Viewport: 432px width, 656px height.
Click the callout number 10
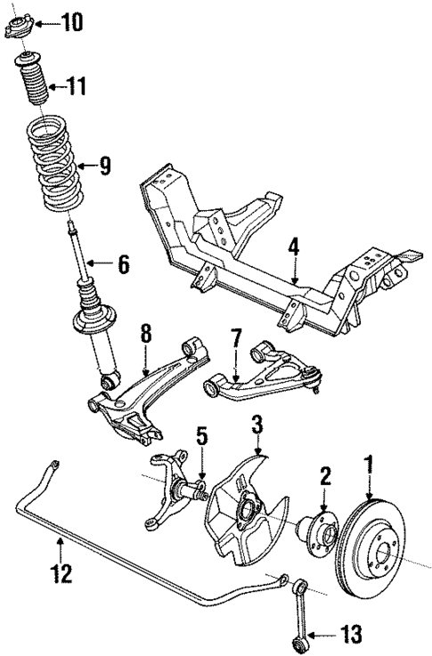(71, 20)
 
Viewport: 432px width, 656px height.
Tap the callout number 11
(77, 86)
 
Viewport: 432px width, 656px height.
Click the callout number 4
(295, 247)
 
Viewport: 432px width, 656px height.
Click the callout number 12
(60, 574)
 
